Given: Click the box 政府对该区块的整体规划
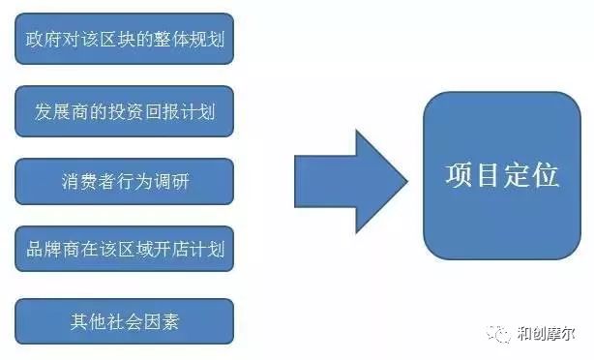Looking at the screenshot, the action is click(125, 41).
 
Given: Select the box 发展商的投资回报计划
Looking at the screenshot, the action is click(125, 110).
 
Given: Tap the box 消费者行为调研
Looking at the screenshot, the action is click(125, 181).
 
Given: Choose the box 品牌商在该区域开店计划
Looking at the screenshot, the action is click(125, 251).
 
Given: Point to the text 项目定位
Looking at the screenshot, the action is click(501, 175).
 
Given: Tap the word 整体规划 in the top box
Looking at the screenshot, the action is click(193, 41).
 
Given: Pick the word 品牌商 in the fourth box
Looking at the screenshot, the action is click(48, 251).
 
